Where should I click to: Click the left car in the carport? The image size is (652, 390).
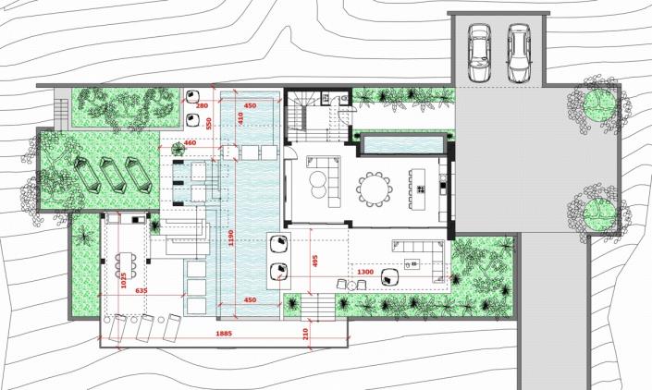479,53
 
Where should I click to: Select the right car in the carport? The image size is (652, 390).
519,53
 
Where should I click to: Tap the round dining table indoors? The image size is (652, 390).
375,189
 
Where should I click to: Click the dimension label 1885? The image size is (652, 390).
224,334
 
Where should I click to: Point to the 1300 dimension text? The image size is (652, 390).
365,272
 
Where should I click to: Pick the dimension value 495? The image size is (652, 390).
314,261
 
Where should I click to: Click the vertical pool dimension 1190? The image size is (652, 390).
231,238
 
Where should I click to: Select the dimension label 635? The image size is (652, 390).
141,291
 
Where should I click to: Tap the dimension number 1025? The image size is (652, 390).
123,280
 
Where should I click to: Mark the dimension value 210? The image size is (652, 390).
305,334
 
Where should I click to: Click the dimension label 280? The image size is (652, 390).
202,106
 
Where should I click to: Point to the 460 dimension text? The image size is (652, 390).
190,143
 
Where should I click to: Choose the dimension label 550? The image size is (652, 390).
209,123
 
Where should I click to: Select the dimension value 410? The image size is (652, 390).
240,118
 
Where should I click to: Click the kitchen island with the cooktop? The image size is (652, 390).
417,189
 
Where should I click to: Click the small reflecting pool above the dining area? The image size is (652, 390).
402,144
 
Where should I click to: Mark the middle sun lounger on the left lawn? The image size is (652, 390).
114,175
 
